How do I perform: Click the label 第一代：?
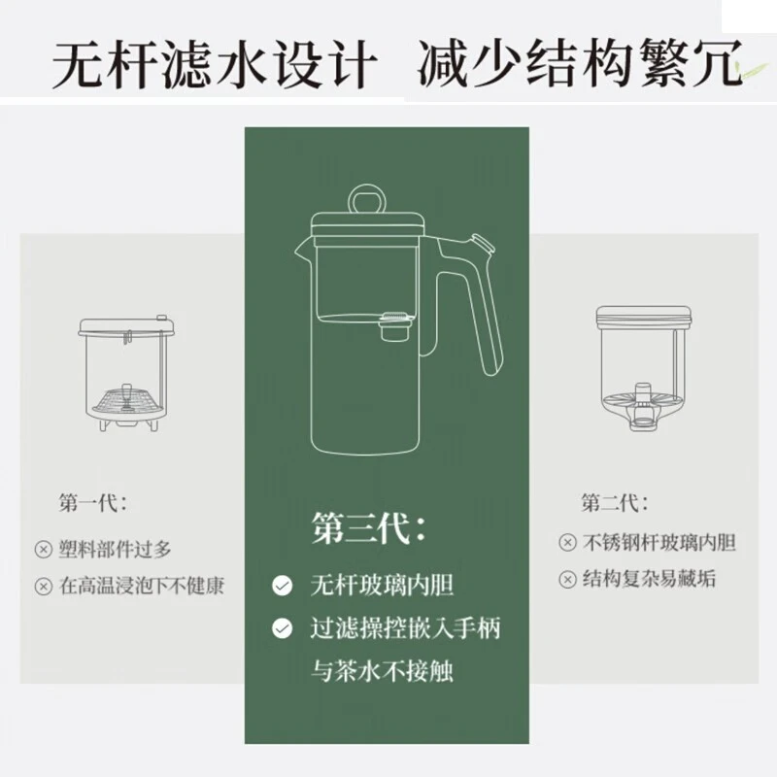(92, 503)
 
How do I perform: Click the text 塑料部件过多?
(116, 549)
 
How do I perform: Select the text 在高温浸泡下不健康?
(142, 586)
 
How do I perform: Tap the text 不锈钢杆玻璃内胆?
(659, 542)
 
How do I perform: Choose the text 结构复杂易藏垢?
(650, 579)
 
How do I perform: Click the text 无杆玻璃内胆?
(382, 586)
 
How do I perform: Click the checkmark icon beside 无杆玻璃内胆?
(282, 586)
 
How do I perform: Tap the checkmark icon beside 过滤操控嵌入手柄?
(282, 628)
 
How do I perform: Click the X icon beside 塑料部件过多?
(43, 549)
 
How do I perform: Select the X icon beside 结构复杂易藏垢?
(567, 580)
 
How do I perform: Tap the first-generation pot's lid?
(127, 326)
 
